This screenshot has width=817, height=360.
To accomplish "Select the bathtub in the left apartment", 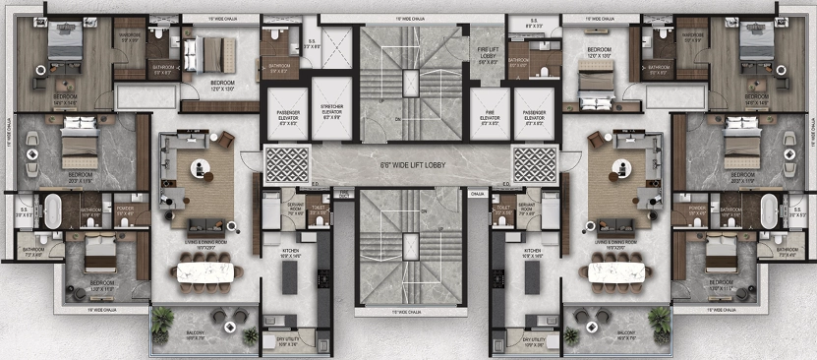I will point(50,210).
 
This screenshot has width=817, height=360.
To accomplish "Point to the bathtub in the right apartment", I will point(770,210).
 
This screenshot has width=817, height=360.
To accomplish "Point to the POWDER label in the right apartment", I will point(698,210).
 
